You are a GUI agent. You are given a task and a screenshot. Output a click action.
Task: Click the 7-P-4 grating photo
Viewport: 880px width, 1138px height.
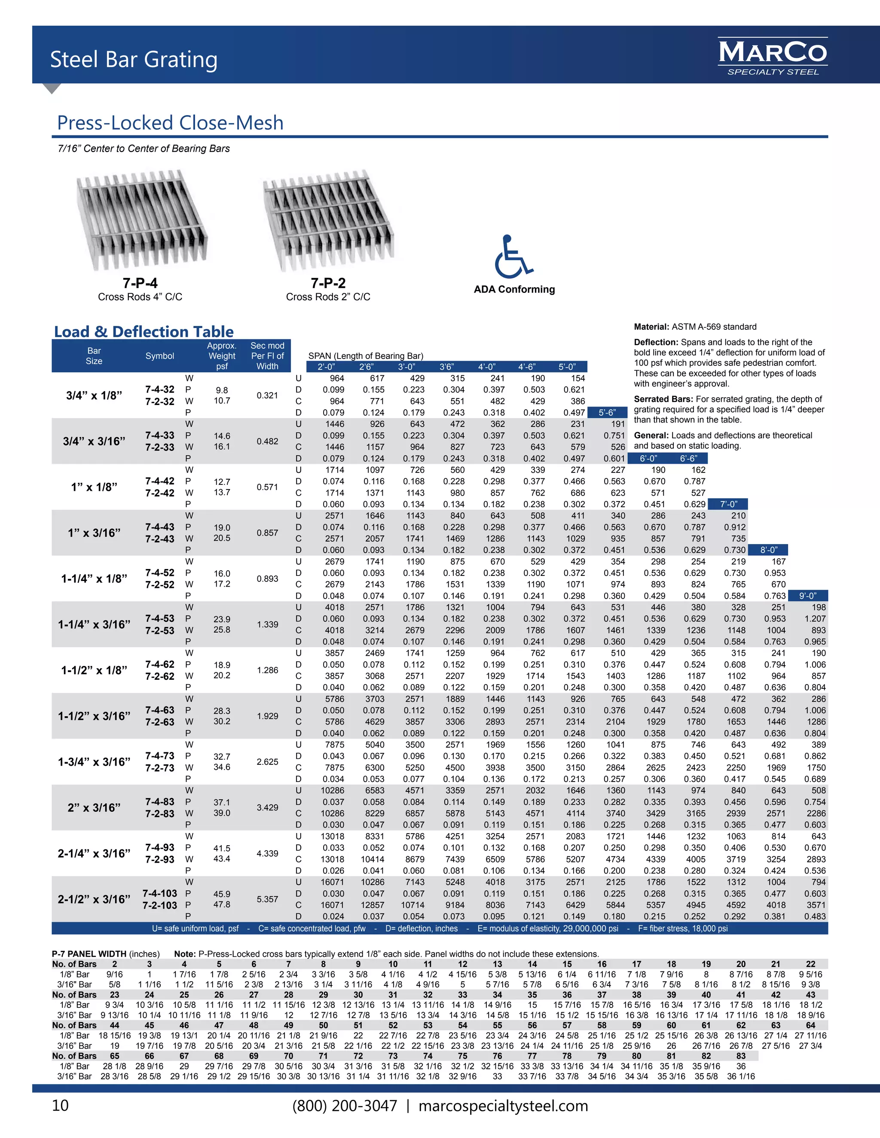point(142,220)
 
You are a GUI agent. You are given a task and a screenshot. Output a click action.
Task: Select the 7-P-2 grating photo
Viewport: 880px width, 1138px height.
point(328,220)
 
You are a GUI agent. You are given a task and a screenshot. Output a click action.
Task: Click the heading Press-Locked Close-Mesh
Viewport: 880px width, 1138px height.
point(170,123)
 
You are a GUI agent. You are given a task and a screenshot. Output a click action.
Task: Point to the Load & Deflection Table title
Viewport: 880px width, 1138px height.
point(144,332)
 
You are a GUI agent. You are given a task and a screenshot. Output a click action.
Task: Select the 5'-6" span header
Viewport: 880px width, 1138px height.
point(607,413)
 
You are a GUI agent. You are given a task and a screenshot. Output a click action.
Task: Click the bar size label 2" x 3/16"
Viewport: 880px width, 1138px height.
point(94,808)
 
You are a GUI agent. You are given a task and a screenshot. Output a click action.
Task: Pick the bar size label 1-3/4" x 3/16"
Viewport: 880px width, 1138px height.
point(94,762)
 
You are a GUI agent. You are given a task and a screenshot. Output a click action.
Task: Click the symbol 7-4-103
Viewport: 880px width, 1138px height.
point(159,893)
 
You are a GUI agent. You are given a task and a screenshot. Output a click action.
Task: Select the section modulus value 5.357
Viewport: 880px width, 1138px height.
point(267,899)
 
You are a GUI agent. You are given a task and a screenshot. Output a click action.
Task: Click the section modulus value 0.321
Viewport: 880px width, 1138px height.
point(267,396)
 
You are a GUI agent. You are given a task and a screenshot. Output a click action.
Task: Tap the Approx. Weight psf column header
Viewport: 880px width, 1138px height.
point(222,356)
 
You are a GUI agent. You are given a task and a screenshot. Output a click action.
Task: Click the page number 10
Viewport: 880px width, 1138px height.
point(60,1106)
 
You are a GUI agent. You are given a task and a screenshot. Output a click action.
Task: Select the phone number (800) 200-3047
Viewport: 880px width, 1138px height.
point(345,1106)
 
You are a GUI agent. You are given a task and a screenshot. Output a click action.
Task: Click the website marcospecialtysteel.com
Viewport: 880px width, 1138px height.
point(503,1106)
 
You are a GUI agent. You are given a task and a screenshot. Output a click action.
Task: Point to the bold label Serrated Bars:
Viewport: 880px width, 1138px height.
point(663,399)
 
